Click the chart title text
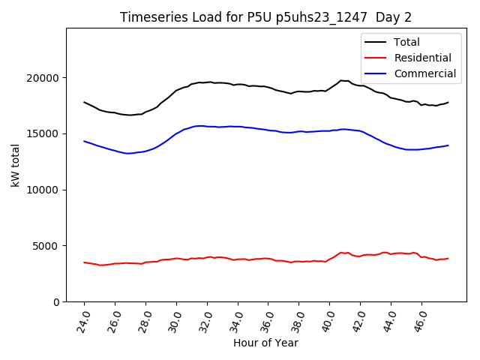click(266, 16)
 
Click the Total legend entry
click(407, 42)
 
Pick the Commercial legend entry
click(425, 73)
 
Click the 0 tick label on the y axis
click(57, 301)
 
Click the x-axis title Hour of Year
click(265, 343)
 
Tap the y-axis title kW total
click(16, 165)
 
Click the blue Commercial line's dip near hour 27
click(128, 153)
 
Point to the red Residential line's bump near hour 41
click(341, 253)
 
